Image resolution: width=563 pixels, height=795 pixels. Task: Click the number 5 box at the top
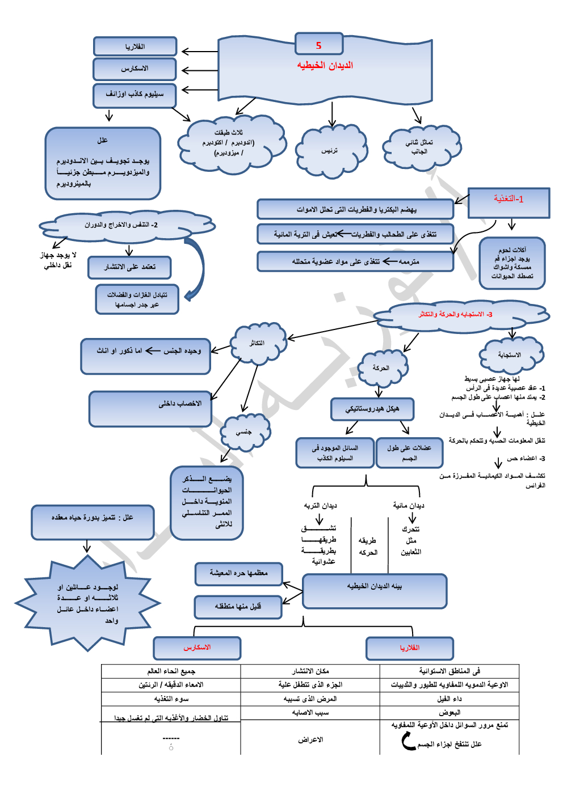point(319,45)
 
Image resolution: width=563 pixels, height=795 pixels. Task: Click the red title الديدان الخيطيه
point(325,65)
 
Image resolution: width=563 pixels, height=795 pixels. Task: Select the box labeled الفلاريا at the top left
point(135,46)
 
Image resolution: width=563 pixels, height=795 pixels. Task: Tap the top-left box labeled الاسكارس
point(135,69)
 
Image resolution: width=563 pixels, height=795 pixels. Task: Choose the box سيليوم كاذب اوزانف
point(135,94)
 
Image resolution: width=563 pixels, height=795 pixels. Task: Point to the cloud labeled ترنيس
point(330,151)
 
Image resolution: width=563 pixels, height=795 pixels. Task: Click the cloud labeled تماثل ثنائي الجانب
point(419,147)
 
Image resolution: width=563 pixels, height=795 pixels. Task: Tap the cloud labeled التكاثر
point(258,343)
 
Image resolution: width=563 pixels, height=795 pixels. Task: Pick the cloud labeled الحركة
point(381,368)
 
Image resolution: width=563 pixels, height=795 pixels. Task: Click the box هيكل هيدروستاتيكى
point(372,409)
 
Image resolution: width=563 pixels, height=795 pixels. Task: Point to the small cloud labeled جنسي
point(245,432)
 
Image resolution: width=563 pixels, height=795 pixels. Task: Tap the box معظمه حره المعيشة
point(238,573)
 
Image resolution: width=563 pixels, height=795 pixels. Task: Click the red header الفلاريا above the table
point(410,648)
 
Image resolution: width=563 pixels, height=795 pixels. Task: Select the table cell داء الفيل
point(449,699)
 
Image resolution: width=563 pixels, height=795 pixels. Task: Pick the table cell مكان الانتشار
point(310,671)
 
